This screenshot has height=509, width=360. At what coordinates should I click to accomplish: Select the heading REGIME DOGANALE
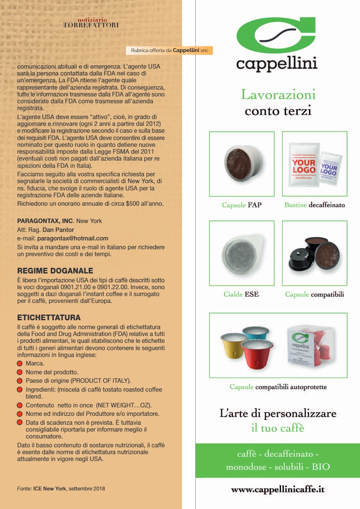(x=55, y=271)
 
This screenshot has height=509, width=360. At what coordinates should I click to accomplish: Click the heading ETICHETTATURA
(x=49, y=317)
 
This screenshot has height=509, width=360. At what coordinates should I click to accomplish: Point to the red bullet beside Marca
(x=20, y=363)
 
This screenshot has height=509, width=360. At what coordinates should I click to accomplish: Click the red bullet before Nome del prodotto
(x=20, y=372)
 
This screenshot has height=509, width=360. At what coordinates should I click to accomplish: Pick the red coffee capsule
(x=257, y=354)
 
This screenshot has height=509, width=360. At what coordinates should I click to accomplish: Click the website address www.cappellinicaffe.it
(x=278, y=490)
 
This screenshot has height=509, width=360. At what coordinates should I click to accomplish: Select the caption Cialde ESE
(x=241, y=294)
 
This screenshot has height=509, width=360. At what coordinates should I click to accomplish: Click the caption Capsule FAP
(x=242, y=205)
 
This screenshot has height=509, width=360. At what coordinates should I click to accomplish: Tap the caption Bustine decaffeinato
(x=315, y=205)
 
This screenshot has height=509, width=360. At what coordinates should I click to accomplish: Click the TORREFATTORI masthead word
(x=91, y=25)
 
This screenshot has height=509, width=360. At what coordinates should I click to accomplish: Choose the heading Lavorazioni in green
(x=278, y=94)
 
